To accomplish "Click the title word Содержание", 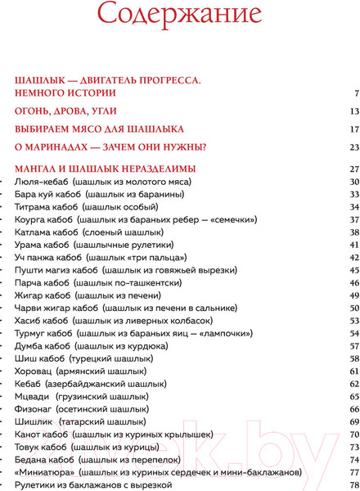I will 179,14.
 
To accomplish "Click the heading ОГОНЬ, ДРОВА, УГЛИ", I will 66,111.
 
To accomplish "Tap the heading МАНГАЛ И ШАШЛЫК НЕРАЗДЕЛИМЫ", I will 100,169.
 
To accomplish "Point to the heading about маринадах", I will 110,147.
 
